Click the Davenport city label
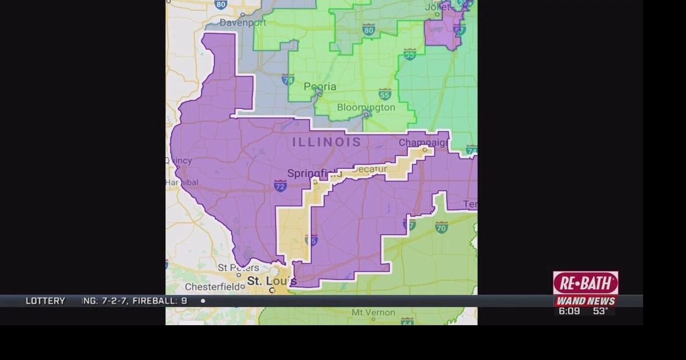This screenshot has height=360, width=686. (x=243, y=23)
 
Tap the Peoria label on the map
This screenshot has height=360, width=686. (x=320, y=87)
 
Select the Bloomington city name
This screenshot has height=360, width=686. (x=366, y=108)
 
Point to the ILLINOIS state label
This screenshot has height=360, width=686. (x=326, y=142)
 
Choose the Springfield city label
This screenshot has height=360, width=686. (x=314, y=173)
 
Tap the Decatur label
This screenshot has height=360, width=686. (x=370, y=169)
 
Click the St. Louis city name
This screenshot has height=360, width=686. (x=271, y=281)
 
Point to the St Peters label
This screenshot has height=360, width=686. (x=238, y=267)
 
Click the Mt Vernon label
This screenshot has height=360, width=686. (x=373, y=312)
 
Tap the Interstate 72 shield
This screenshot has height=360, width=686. (x=280, y=186)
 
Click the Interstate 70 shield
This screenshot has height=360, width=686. (x=441, y=228)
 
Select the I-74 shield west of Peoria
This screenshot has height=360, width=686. (x=288, y=80)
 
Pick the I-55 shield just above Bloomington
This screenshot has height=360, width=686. (x=385, y=94)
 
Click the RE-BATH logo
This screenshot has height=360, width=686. (x=585, y=282)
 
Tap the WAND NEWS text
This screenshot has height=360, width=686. (x=585, y=301)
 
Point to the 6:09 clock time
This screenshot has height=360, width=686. (x=569, y=311)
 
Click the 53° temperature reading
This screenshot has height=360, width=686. (x=600, y=311)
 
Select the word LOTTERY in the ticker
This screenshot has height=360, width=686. (x=45, y=301)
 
